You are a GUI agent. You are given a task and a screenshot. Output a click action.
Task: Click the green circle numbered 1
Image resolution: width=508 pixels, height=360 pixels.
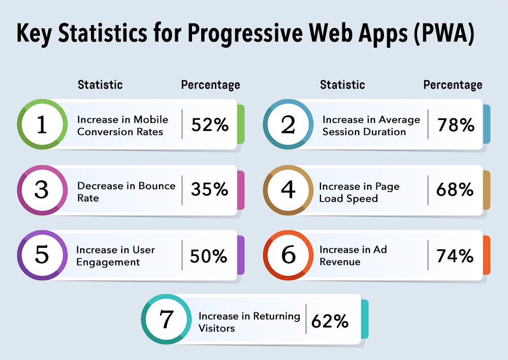click(42, 124)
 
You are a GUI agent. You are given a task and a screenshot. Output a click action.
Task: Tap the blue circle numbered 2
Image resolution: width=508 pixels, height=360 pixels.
click(288, 124)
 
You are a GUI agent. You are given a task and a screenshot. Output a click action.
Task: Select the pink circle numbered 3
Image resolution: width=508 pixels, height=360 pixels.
click(42, 190)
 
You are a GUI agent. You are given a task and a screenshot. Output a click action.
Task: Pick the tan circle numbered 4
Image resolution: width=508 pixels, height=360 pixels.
click(288, 190)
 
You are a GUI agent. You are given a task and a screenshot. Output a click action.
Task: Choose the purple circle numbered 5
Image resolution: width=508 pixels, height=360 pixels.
click(42, 255)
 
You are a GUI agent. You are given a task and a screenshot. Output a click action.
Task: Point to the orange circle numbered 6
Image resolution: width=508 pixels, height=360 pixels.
click(288, 255)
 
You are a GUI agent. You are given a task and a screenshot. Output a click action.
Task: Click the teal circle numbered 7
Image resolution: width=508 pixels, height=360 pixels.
click(166, 319)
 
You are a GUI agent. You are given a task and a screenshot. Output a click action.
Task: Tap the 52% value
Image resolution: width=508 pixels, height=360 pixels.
click(210, 125)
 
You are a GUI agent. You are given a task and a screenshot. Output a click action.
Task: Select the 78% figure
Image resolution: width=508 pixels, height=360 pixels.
click(455, 125)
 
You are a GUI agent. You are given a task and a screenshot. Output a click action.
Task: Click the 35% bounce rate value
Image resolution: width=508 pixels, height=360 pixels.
click(209, 190)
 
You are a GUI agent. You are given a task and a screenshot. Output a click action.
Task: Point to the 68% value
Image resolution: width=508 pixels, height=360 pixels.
click(455, 190)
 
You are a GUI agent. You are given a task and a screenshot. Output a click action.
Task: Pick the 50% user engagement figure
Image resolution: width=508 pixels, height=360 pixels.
click(209, 256)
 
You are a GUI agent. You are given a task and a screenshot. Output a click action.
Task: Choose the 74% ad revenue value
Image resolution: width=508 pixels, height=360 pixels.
click(455, 255)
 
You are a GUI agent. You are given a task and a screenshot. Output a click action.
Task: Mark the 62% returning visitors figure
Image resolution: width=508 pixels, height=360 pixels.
click(330, 320)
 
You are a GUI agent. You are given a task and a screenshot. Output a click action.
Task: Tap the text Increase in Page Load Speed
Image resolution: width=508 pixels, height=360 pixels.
click(359, 192)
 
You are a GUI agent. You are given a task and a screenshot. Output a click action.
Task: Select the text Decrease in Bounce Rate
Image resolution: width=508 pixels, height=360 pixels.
click(126, 191)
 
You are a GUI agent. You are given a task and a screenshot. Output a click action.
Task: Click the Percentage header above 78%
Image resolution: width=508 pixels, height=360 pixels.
click(453, 85)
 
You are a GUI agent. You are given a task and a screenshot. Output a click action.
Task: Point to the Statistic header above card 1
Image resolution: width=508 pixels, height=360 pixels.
click(100, 85)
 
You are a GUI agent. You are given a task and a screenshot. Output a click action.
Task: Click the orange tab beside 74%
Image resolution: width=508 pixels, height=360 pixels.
click(486, 255)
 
